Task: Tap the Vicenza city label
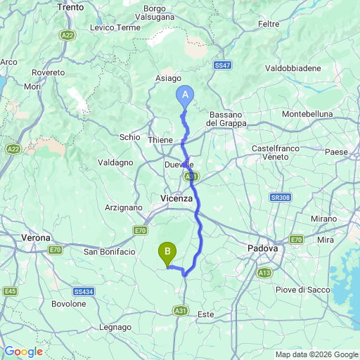(x=176, y=199)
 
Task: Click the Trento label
(x=90, y=6)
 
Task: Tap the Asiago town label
(x=168, y=79)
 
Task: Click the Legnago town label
(x=115, y=327)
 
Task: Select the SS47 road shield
(x=223, y=65)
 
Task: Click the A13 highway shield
(x=264, y=272)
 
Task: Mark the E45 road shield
(x=10, y=290)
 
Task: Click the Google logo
(x=23, y=352)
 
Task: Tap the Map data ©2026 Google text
(x=316, y=354)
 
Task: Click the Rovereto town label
(x=48, y=72)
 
